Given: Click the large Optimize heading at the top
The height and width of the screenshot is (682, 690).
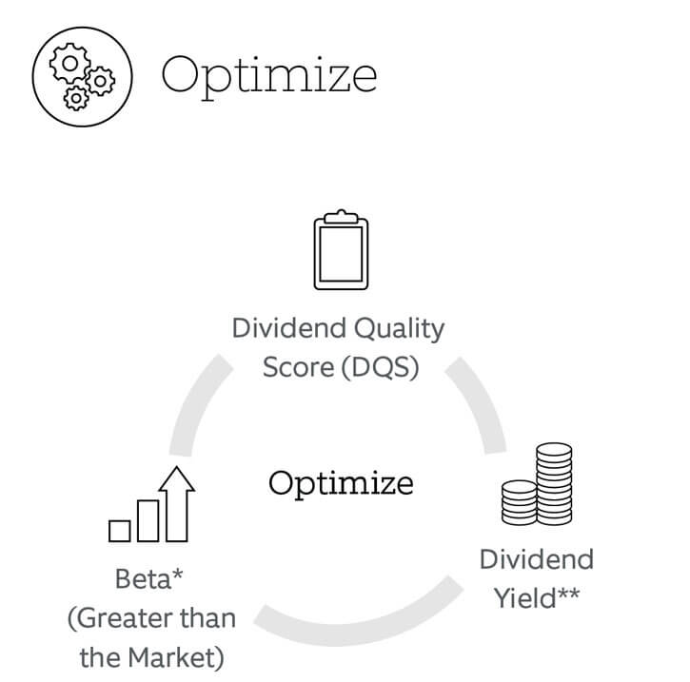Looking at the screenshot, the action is pyautogui.click(x=269, y=76).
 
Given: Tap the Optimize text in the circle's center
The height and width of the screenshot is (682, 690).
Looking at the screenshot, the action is pyautogui.click(x=341, y=484).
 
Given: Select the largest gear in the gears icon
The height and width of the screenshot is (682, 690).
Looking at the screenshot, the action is pyautogui.click(x=69, y=64).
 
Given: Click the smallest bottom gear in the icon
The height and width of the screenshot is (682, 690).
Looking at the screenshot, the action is pyautogui.click(x=76, y=98).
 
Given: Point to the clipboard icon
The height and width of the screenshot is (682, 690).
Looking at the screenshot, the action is pyautogui.click(x=341, y=250).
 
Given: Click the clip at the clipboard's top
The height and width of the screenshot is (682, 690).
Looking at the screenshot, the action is pyautogui.click(x=341, y=216).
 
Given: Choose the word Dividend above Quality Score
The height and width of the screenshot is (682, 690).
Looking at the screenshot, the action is pyautogui.click(x=289, y=328).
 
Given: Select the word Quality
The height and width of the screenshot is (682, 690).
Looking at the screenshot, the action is pyautogui.click(x=400, y=329).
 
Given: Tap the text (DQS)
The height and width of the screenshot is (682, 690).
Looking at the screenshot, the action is pyautogui.click(x=380, y=367).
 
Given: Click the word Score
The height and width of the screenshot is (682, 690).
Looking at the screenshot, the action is pyautogui.click(x=298, y=367).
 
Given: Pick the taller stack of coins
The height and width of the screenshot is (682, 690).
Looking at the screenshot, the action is pyautogui.click(x=554, y=484).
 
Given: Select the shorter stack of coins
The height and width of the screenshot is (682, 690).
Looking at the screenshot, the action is pyautogui.click(x=520, y=502).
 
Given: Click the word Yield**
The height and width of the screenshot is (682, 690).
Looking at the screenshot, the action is pyautogui.click(x=537, y=598).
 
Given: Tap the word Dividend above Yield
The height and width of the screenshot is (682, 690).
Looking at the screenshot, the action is pyautogui.click(x=537, y=559).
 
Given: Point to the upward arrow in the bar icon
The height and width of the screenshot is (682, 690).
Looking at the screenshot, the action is pyautogui.click(x=177, y=504).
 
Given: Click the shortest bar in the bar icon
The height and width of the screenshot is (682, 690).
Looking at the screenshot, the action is pyautogui.click(x=120, y=531).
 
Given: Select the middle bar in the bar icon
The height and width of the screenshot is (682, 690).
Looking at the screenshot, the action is pyautogui.click(x=148, y=520).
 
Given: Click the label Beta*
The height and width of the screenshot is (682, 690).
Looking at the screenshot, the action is pyautogui.click(x=148, y=578).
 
